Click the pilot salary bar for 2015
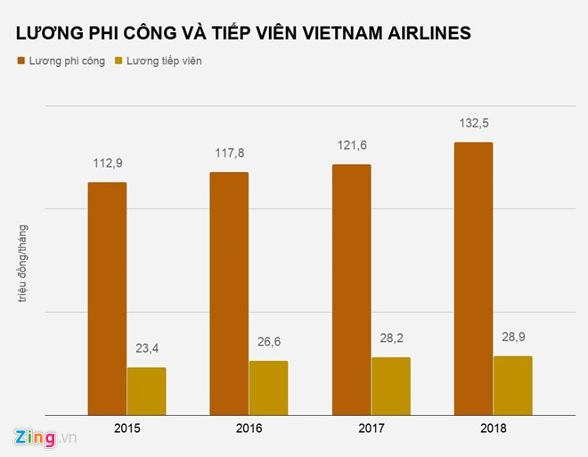point(106,298)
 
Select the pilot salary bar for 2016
point(229,293)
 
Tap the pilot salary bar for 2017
point(351,290)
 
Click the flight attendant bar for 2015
point(146,391)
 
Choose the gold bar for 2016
point(268,388)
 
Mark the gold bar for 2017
point(390,386)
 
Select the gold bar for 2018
point(512,385)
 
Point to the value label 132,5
point(473,122)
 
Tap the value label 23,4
point(147,348)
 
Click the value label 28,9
point(513,338)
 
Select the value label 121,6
point(351,145)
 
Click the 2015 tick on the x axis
point(127,428)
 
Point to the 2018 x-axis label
point(493,428)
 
